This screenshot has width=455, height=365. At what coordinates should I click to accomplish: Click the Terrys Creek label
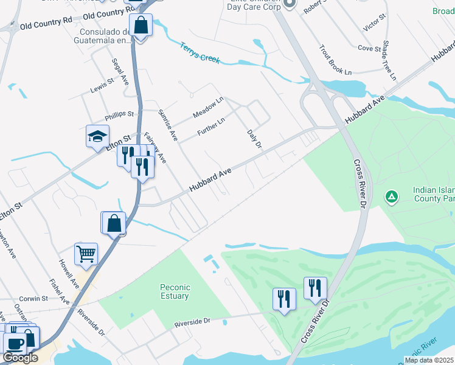coord(199,52)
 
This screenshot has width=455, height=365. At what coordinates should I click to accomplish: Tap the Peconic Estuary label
coord(175,291)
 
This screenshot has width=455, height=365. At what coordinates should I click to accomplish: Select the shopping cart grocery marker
coord(86,254)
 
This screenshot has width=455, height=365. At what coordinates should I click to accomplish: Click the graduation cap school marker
coord(97,137)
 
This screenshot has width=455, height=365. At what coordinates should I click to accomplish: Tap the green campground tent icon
coord(392,196)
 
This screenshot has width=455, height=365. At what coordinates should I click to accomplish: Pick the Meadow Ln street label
coord(209,108)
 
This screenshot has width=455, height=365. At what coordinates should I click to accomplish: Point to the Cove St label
coord(369,48)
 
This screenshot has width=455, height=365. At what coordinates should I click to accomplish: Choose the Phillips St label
coord(118,114)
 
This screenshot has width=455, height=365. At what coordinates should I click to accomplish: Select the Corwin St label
coord(33,299)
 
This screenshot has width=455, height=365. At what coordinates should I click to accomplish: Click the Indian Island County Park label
coord(433,194)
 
